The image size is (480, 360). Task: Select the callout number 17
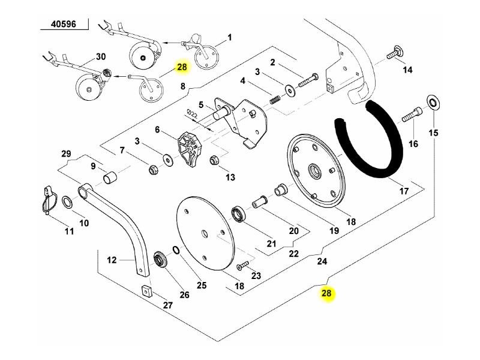coord(404,192)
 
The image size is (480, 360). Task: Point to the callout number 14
coord(407,70)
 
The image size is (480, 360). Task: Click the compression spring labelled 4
coord(274,100)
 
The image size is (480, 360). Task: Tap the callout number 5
coord(202,103)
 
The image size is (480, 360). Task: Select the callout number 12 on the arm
coord(111,260)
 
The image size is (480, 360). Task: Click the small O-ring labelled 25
coord(176,250)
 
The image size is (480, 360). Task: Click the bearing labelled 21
coord(239,214)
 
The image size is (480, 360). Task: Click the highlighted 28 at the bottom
coord(326,294)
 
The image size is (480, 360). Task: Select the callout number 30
coord(101,57)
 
